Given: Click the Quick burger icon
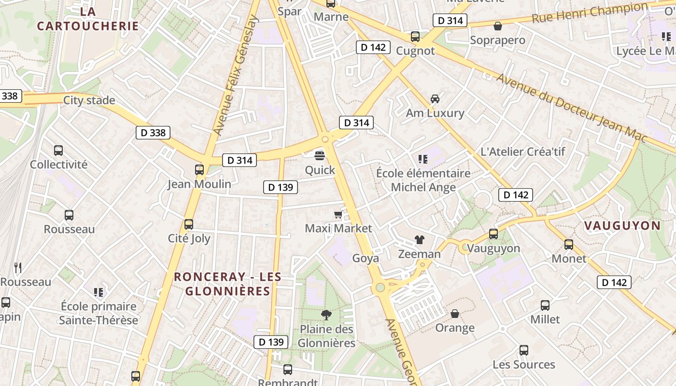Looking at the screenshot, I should point(320,155).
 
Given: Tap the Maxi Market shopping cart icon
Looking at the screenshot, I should point(338,214).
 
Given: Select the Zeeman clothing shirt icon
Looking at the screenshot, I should point(419,240).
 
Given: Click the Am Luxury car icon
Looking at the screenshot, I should point(435,99).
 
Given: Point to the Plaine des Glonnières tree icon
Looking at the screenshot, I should point(326,315).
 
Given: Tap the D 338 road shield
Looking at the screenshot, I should point(153,133).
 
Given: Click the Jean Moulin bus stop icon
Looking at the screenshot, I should point(199,169).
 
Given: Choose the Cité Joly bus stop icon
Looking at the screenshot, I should point(189,224).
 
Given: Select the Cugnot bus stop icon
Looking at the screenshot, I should point(415,36).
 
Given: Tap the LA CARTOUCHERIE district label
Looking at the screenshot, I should point(88,18).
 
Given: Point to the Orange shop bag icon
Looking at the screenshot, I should point(454,314).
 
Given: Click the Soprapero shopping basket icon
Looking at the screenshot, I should point(497,26).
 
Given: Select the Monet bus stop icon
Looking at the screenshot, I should point(569,244).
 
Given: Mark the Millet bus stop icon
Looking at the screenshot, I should point(545,305).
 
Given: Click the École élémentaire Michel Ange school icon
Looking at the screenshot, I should point(423,159).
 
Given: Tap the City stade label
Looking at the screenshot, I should point(89,100).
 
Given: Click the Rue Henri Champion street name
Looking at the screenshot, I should point(590,13).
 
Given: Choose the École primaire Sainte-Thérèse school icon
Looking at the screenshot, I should point(99,292).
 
